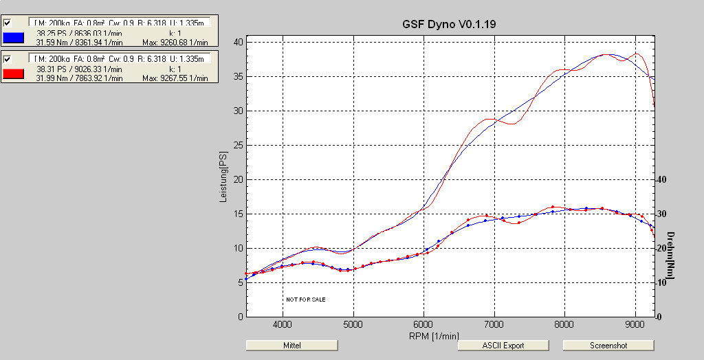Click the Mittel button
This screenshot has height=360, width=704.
291,345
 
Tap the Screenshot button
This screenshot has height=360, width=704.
608,345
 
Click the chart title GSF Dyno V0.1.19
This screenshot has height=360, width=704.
449,24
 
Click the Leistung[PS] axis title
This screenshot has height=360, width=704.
222,178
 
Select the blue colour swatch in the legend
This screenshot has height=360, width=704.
14,38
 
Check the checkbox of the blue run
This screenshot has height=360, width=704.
8,23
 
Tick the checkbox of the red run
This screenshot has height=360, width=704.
8,58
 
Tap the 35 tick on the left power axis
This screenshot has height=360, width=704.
238,76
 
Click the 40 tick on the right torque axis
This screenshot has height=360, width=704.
663,179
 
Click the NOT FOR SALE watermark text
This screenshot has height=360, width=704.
306,300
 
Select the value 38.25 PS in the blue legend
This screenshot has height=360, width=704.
47,32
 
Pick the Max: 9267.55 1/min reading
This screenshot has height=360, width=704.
175,78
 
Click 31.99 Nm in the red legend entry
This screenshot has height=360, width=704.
49,78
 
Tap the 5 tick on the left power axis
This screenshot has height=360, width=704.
240,282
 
